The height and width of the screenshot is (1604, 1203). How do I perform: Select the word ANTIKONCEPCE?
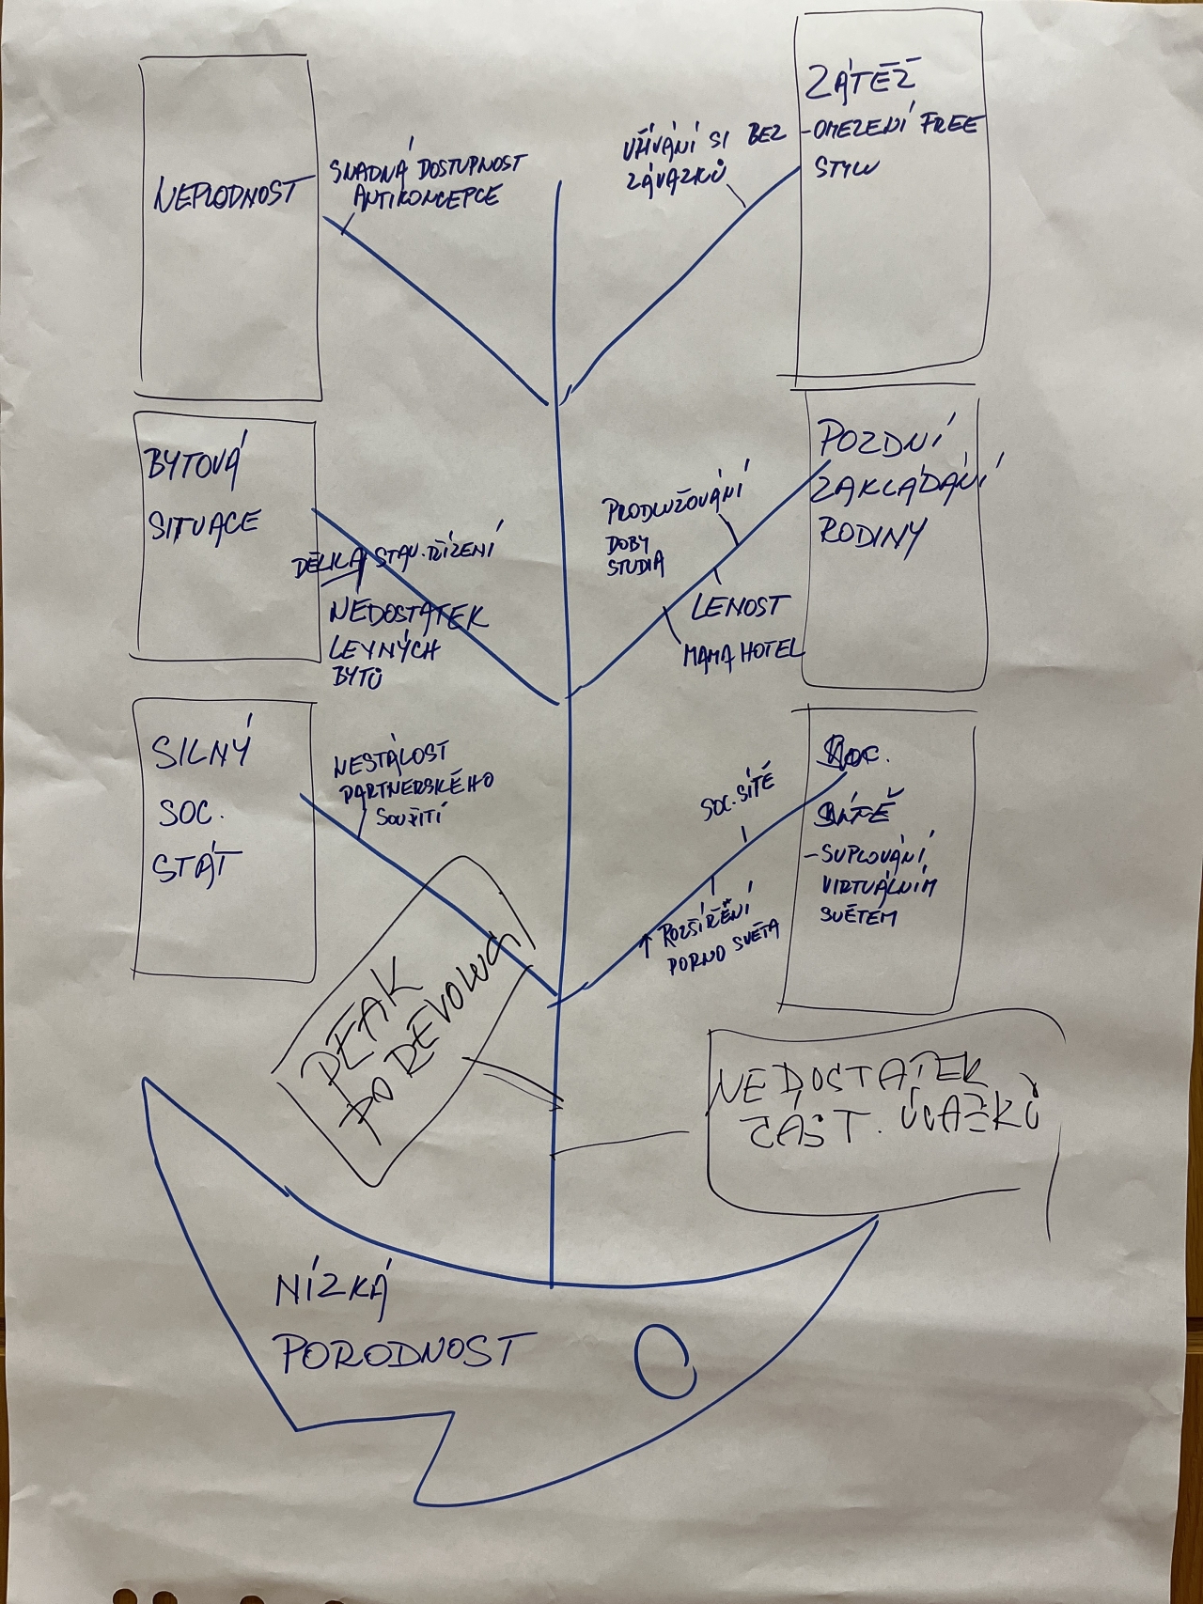pyautogui.click(x=426, y=197)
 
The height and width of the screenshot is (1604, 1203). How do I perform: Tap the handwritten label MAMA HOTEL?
pyautogui.click(x=742, y=652)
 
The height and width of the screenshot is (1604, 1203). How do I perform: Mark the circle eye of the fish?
pyautogui.click(x=664, y=1361)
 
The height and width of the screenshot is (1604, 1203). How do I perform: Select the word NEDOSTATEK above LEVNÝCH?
pyautogui.click(x=408, y=614)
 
